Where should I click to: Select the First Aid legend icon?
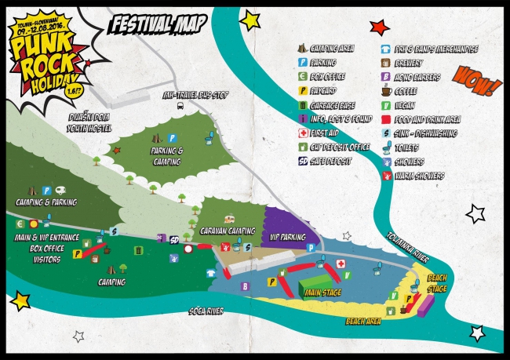point(303,133)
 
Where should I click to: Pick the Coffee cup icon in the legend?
point(386,91)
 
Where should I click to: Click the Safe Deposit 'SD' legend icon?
point(303,161)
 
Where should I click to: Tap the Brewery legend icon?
point(386,63)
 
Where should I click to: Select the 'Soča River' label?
point(207,311)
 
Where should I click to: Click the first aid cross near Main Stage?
point(341,263)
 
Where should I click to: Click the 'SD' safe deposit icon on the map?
point(174,239)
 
